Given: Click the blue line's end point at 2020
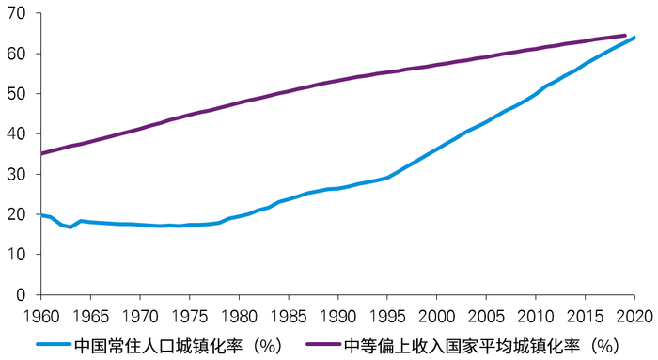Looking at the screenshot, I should coord(634,38).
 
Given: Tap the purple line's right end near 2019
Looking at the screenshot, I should coord(625,36).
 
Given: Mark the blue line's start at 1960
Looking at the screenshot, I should coord(41,215).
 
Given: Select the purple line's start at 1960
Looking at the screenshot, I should coord(41,153).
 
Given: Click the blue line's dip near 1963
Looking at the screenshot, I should coord(70,227).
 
